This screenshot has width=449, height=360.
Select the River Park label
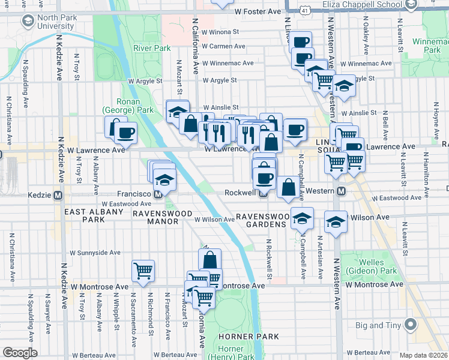point(152,48)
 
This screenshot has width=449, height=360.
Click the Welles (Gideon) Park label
point(377,267)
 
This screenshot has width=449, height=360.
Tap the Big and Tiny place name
point(376,326)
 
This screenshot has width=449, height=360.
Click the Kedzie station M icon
point(58,195)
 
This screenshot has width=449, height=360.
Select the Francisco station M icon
point(158,195)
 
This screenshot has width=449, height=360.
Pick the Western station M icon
point(341,191)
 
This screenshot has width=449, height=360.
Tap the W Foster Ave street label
point(258,11)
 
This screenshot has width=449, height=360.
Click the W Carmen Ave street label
point(223,47)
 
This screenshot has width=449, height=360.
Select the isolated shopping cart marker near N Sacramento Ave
point(143,271)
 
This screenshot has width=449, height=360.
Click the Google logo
point(20,353)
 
